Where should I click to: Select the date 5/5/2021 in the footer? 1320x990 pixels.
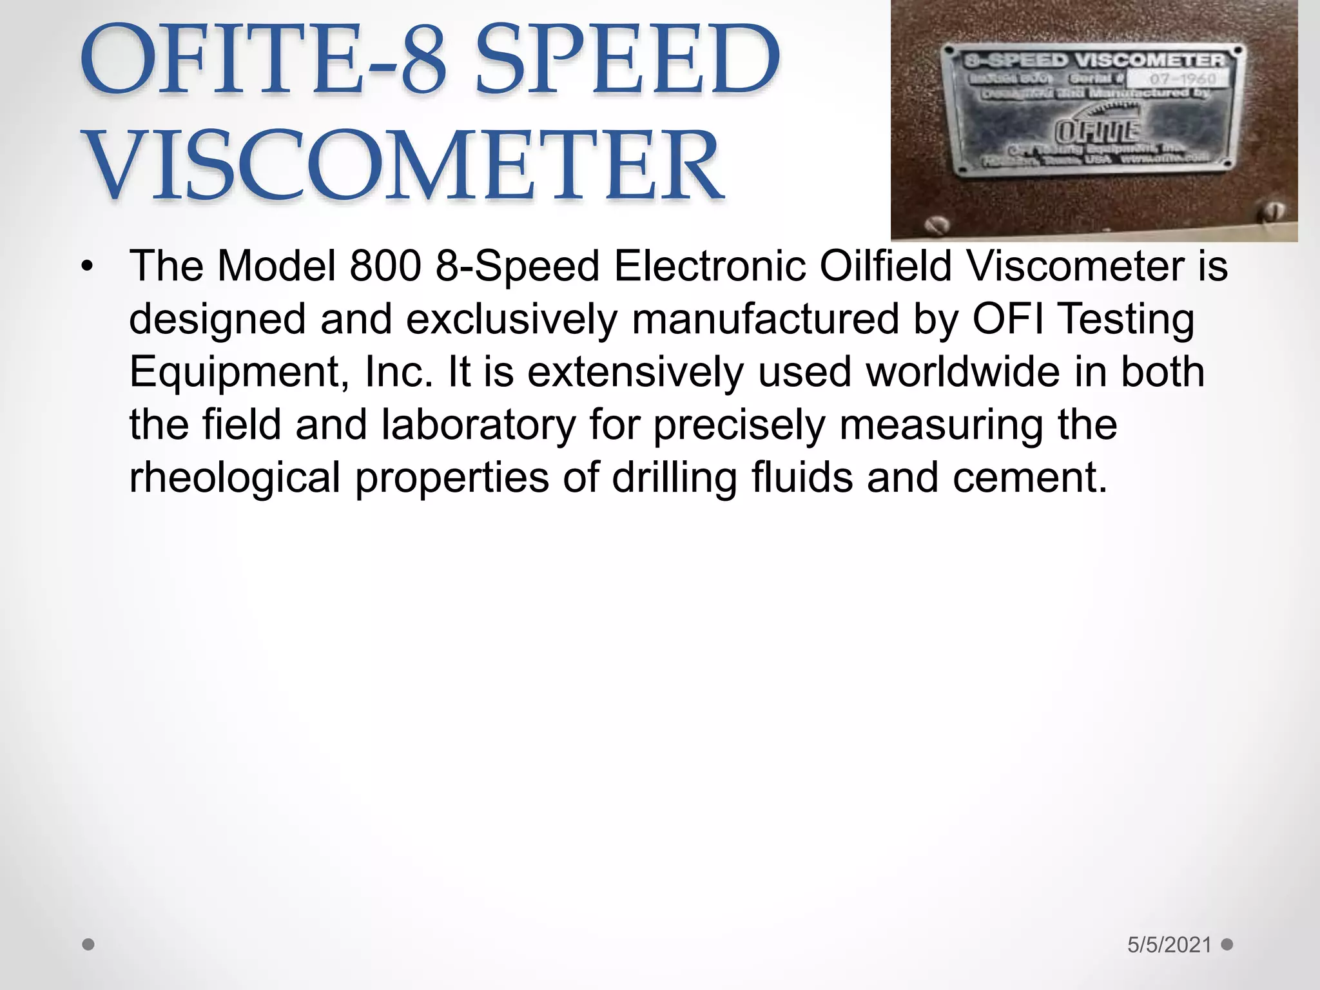pos(1169,945)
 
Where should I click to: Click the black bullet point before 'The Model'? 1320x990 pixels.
pos(88,266)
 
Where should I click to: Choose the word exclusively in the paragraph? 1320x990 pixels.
pos(512,319)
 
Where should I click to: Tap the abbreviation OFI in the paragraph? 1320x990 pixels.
pos(1007,319)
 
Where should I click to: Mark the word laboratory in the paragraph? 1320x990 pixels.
pos(478,425)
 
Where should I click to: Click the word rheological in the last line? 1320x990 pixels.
pos(235,478)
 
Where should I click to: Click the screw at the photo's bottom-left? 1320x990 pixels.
pos(938,226)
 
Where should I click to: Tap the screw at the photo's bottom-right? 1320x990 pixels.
pos(1275,211)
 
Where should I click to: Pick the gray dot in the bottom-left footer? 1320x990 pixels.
pos(89,945)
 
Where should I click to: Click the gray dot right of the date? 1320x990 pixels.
pos(1227,944)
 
